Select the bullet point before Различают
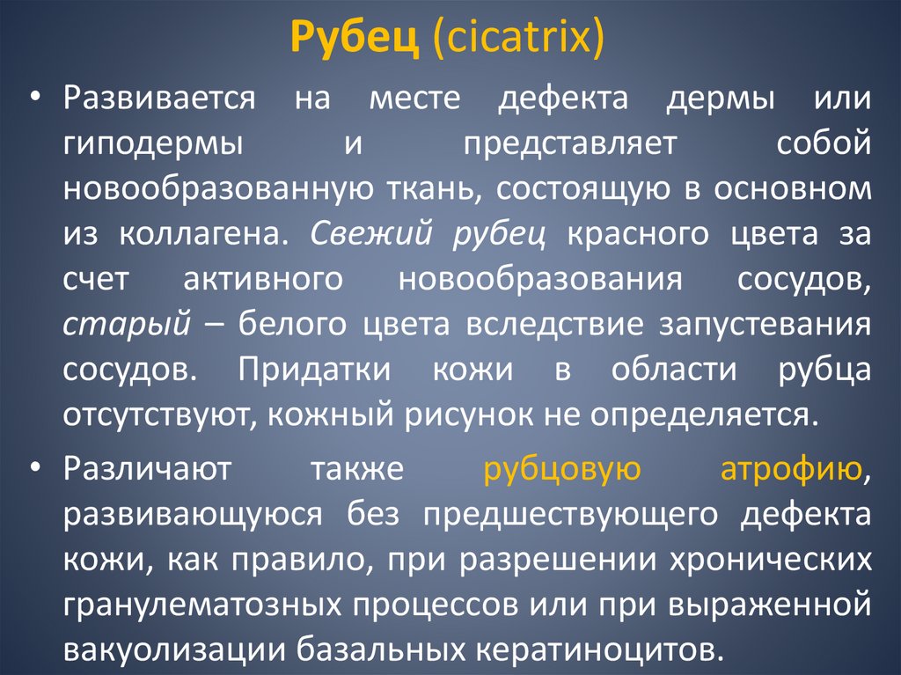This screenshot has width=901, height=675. pyautogui.click(x=35, y=466)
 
